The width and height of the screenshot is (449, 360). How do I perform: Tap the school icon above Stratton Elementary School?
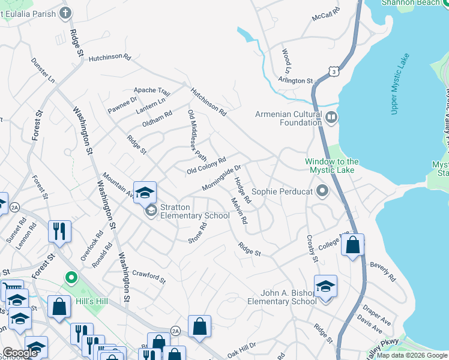tap(145, 193)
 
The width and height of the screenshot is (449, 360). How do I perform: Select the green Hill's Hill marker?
tap(71, 278)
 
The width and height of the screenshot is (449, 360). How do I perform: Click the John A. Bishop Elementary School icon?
tap(325, 287)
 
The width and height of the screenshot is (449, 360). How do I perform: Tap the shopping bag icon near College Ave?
tap(353, 245)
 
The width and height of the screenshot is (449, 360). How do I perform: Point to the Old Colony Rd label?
tap(206, 166)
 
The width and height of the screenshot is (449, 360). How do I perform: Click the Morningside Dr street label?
tap(221, 178)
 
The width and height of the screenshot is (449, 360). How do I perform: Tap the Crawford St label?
tap(149, 275)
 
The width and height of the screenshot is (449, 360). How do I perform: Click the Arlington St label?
tap(295, 80)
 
